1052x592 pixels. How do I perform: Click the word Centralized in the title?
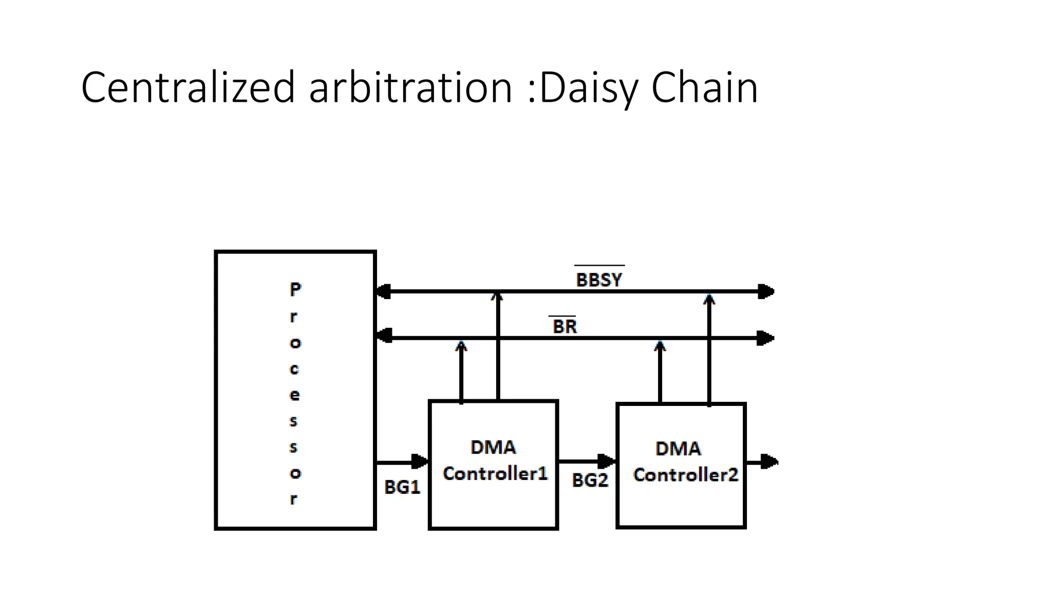[188, 87]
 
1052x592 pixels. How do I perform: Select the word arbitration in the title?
[411, 87]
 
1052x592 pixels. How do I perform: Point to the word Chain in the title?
[704, 87]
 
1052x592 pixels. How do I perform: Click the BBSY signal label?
[599, 280]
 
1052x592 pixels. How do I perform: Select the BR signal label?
[565, 326]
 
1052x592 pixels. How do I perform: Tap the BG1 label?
[402, 487]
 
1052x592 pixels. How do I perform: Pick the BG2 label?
[590, 480]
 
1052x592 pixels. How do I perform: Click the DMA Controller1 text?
[494, 460]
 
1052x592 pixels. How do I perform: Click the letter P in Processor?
[295, 289]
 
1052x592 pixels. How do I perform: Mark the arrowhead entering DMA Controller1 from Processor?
[421, 461]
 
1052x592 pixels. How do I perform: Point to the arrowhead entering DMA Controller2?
[608, 461]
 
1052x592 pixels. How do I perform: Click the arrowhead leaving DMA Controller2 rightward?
[769, 462]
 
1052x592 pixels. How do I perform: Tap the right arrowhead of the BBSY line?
[766, 291]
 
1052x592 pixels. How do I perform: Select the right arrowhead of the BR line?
[766, 338]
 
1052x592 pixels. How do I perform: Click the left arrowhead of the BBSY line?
[384, 291]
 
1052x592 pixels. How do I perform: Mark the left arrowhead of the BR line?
[384, 338]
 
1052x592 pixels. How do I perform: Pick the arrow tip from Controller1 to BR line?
[461, 346]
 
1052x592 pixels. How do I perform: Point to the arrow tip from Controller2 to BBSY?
[709, 299]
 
